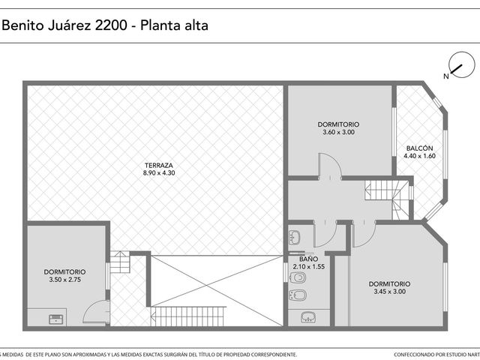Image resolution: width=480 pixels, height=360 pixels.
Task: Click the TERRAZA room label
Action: [159, 165]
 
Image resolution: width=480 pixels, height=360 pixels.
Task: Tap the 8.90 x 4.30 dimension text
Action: [159, 173]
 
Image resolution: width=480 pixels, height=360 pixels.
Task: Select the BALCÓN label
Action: [419, 148]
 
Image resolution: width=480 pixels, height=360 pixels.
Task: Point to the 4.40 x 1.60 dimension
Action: [419, 156]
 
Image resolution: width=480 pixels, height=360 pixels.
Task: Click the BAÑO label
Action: [308, 259]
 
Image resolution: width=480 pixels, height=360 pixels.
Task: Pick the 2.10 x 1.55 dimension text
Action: [308, 267]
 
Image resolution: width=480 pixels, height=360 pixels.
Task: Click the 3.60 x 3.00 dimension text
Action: [338, 132]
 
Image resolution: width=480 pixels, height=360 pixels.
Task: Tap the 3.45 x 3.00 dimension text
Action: [389, 292]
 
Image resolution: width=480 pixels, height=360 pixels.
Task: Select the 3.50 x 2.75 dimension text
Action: [64, 280]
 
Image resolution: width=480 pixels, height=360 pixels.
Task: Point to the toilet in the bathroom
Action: [298, 278]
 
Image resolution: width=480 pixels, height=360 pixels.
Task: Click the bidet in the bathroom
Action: [298, 295]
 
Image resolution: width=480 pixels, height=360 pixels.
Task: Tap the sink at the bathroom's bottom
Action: [308, 317]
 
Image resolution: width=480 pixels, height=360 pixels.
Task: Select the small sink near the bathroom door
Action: [295, 237]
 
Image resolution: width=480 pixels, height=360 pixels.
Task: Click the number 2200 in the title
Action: [111, 25]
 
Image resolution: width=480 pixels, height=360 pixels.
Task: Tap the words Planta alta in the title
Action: [174, 25]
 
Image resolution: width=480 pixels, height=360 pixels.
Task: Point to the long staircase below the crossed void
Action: [188, 316]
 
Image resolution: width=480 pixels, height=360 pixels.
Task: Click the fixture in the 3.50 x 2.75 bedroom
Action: [58, 319]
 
